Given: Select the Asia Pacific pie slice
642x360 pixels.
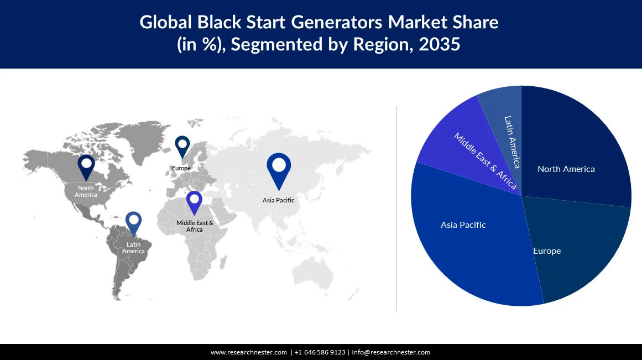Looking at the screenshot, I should tap(470, 238).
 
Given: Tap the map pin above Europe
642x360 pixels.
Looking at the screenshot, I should tap(182, 146).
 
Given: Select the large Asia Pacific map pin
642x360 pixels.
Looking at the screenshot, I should tap(279, 168).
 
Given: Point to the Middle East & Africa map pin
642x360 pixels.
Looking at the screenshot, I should tap(194, 202).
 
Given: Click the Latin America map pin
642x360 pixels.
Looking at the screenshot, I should tap(133, 222).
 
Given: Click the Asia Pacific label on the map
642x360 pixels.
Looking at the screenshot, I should tap(278, 200).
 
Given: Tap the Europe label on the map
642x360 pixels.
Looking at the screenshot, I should tap(181, 168).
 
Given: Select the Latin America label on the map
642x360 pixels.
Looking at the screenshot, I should tap(133, 248).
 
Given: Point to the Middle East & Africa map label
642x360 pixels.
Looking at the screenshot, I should tap(195, 226).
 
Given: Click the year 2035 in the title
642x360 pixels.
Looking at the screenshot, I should tap(440, 44).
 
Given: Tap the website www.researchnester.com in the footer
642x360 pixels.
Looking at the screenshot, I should tap(249, 352).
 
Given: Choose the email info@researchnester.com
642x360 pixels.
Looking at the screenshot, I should tap(391, 352).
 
